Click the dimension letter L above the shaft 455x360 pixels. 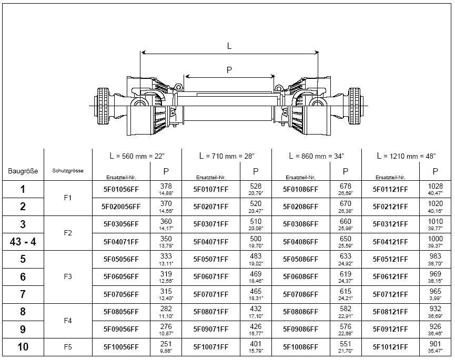click(x=229, y=46)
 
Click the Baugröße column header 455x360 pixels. click(x=23, y=171)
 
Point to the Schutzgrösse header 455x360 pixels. click(x=67, y=171)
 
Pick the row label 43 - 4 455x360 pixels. click(x=23, y=242)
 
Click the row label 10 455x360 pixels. click(x=23, y=347)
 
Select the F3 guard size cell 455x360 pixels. click(x=67, y=276)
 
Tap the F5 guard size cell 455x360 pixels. click(x=67, y=347)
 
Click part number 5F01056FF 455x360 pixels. click(x=121, y=189)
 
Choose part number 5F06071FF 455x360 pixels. click(x=211, y=277)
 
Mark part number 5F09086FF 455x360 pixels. click(x=300, y=330)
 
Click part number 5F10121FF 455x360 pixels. click(x=390, y=347)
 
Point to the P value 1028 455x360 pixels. click(x=436, y=187)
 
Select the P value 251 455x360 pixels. click(x=166, y=344)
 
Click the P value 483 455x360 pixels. click(x=256, y=256)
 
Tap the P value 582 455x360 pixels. click(x=346, y=309)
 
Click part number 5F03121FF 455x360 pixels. click(x=390, y=224)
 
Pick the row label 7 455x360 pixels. click(x=23, y=294)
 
